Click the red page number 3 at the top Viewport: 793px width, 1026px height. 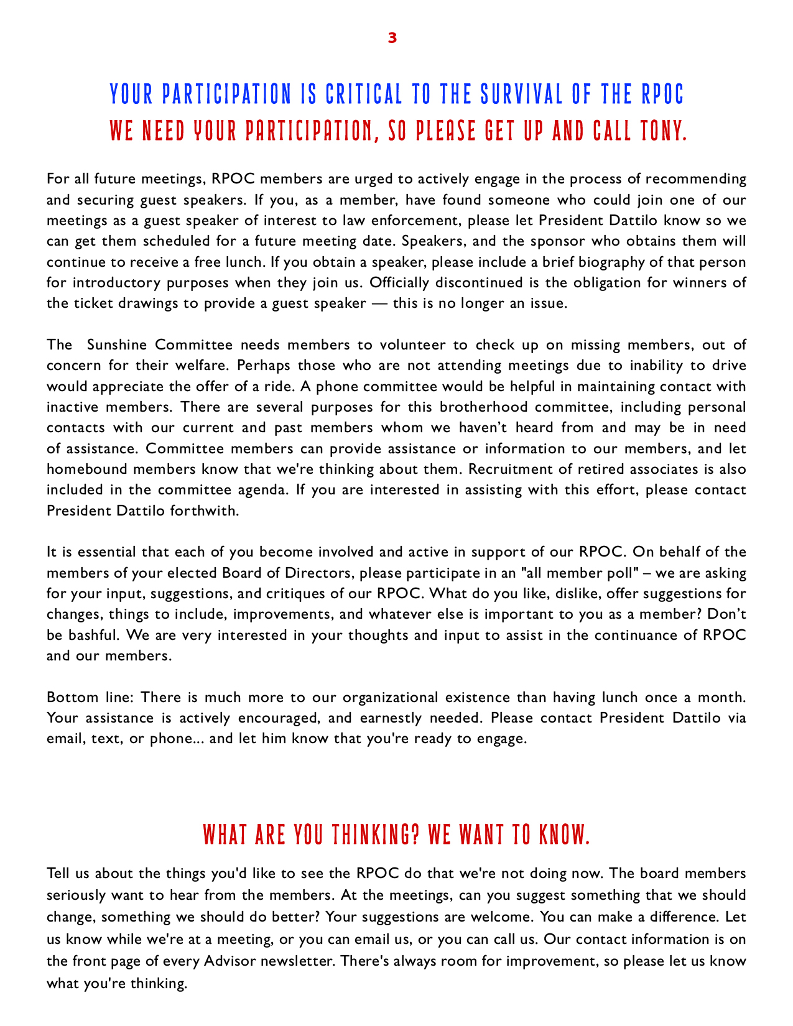point(392,38)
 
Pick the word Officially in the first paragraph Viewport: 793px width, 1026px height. point(398,283)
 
